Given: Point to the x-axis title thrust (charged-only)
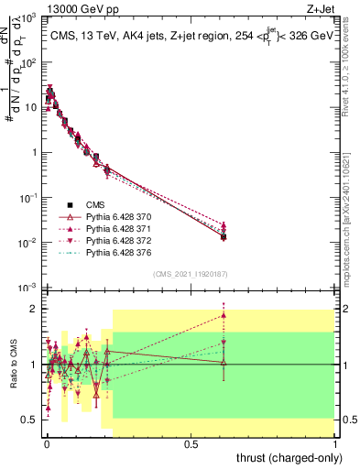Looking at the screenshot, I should (x=289, y=458).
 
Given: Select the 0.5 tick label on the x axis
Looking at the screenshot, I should (x=191, y=442).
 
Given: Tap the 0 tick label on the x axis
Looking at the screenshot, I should (x=46, y=442).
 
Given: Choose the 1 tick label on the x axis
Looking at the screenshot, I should (x=335, y=442).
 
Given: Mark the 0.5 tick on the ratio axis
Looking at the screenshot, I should (x=29, y=420).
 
